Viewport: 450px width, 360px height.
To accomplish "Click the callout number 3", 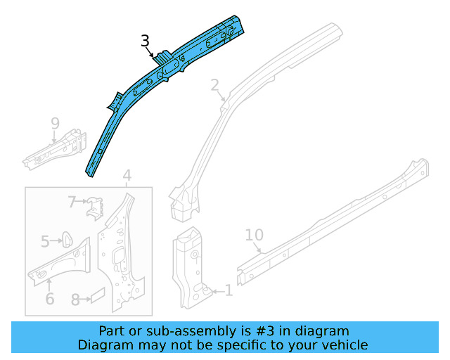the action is (145, 41).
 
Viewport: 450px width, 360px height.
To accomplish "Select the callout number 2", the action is (214, 85).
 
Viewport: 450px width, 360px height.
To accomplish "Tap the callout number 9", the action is (55, 124).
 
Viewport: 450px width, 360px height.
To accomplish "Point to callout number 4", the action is (127, 175).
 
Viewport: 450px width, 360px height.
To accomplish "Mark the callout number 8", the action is (75, 299).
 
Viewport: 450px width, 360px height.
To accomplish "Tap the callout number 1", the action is (229, 290).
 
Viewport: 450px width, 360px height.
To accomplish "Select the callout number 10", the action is (254, 234).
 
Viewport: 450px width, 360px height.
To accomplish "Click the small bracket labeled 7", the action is (94, 207).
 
